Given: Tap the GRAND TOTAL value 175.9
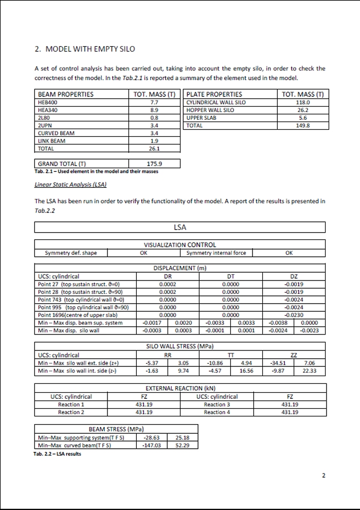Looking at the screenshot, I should click(154, 164).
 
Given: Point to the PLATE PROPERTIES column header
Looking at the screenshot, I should click(214, 95).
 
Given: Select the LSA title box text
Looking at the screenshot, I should click(180, 227).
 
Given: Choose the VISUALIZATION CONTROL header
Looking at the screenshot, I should click(180, 245).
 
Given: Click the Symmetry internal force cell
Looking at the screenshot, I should click(216, 253).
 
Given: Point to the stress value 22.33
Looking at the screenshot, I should click(310, 370).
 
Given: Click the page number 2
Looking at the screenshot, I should click(323, 476).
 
